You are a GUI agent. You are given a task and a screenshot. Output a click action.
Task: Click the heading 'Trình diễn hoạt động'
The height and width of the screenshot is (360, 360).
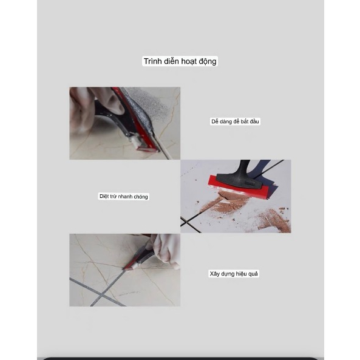[x=180, y=61]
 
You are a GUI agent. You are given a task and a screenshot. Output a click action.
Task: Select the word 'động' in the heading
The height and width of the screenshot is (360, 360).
[x=208, y=61]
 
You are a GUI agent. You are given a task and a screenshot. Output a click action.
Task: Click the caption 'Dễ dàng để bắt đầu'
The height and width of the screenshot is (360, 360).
[x=235, y=121]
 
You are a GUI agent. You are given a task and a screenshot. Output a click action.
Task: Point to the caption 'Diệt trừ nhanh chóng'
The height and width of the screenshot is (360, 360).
[x=123, y=197]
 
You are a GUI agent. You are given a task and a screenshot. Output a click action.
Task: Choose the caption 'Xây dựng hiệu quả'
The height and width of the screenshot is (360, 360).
[x=234, y=274]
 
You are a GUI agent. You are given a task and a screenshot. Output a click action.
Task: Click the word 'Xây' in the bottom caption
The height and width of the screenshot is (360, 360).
[x=215, y=274]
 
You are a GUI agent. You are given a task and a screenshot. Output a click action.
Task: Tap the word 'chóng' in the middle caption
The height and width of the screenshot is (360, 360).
[x=140, y=197]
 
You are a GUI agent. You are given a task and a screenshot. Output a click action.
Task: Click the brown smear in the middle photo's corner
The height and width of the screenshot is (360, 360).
[x=274, y=220]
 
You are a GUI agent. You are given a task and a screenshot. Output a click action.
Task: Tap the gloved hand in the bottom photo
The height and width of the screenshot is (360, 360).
[x=166, y=250]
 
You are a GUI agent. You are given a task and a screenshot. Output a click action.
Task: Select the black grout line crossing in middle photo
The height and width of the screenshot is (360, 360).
[x=185, y=222]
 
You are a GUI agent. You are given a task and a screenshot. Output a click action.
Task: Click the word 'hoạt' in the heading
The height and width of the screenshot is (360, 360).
[x=189, y=61]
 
